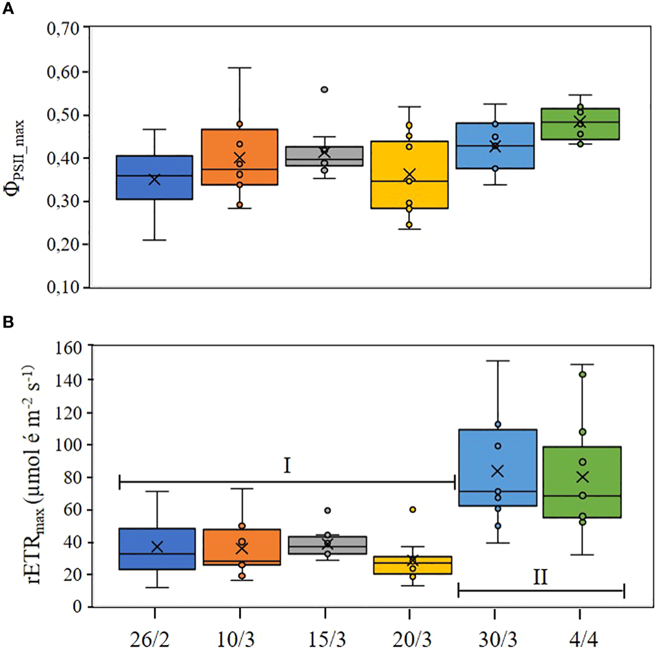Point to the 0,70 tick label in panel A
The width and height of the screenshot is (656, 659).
coord(63,28)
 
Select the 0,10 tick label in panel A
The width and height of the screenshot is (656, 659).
coord(63,287)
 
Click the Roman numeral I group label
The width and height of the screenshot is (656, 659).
coord(286,465)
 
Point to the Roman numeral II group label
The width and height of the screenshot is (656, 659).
coord(540,577)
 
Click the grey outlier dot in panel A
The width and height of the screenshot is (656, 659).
coord(325,89)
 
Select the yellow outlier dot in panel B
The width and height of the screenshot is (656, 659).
coord(412,510)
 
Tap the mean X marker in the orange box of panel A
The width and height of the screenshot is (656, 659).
coord(240,158)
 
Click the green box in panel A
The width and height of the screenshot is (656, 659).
coord(579,124)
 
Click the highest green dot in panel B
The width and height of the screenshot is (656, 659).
coord(582,374)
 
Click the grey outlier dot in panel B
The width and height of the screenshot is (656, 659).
coord(327,510)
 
